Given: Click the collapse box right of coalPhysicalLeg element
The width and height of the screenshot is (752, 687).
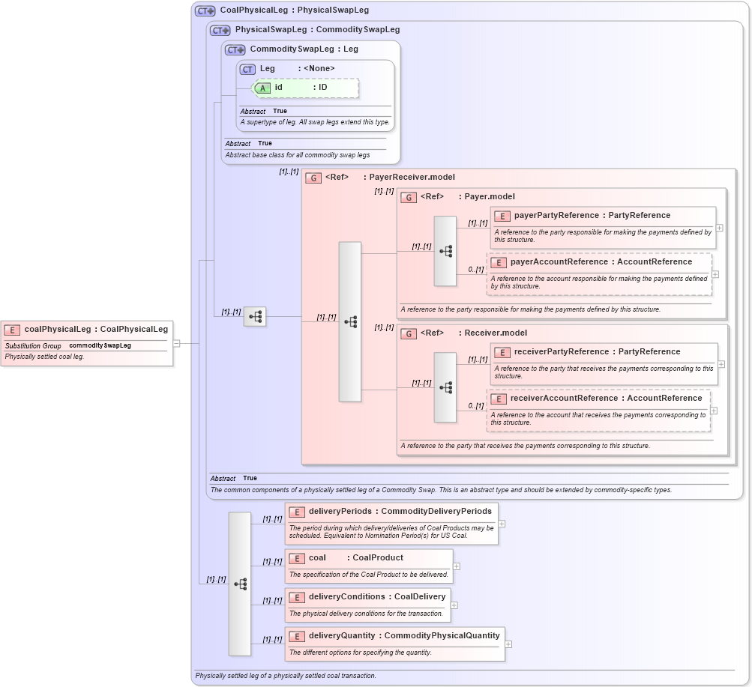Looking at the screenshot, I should click(176, 343).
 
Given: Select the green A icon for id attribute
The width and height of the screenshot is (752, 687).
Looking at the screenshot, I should click(262, 88).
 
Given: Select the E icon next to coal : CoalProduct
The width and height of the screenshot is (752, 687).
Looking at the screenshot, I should click(296, 558).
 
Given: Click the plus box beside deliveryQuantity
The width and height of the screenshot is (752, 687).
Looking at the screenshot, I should click(508, 644).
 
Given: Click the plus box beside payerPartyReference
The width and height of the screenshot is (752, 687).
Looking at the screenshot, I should click(720, 227).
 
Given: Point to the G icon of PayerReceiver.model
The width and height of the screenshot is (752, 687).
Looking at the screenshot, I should click(314, 178).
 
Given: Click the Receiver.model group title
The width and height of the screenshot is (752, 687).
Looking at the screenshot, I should click(496, 333).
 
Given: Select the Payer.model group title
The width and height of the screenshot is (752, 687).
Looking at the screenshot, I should click(490, 197).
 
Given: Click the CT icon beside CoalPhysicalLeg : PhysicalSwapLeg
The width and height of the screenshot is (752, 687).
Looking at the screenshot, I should click(205, 11).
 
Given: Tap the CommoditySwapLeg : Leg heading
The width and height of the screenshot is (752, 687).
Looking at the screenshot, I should click(304, 49).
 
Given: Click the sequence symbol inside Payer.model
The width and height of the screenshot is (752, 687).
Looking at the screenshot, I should click(445, 252).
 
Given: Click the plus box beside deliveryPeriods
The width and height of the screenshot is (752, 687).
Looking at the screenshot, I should click(502, 524).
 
